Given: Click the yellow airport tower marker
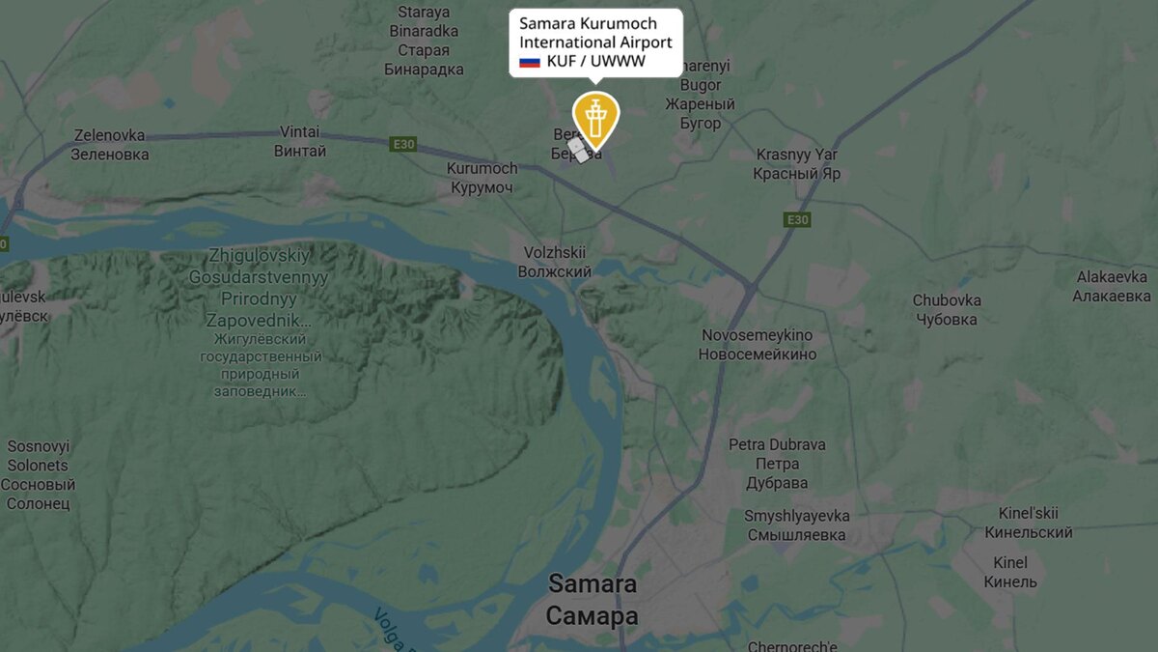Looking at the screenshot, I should tap(595, 118).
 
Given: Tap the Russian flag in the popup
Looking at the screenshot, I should tap(529, 62).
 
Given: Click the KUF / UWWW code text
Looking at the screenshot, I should tap(595, 62).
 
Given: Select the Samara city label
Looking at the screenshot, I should tap(593, 600).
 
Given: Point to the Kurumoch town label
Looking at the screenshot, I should tap(482, 178).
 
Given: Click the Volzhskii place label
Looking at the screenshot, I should tap(554, 262).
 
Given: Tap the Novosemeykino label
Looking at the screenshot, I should tap(757, 345).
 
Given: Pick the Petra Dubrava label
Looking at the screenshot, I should tap(777, 464).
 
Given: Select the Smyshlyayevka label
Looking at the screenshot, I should tap(796, 525).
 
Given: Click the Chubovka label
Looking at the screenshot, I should tap(947, 310).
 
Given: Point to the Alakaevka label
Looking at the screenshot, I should tap(1113, 287).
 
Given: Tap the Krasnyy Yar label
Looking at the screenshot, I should tap(797, 164).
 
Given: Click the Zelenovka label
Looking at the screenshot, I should tap(110, 145).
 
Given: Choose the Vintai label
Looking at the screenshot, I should tap(300, 142).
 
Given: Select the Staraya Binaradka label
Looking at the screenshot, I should tap(424, 41).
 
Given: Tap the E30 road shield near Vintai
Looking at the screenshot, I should tap(403, 145).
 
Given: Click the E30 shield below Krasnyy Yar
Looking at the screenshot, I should tap(796, 220).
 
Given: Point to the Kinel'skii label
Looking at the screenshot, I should tap(1028, 523).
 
